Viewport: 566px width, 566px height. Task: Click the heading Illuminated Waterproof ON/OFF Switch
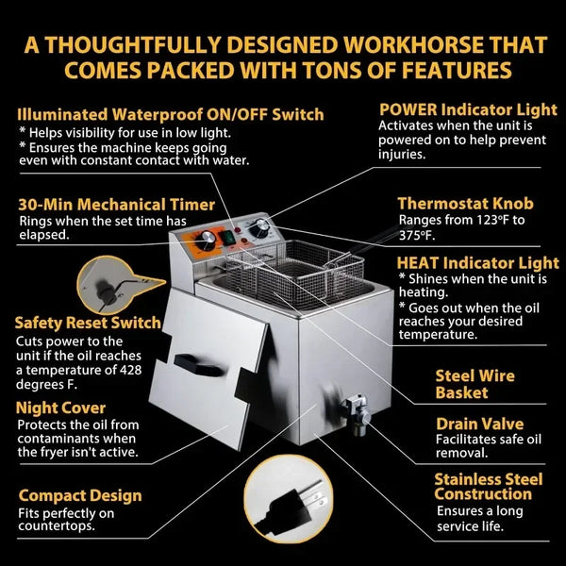tap(171, 115)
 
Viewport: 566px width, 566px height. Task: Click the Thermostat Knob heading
tap(465, 204)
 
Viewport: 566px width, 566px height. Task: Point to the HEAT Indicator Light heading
tap(477, 262)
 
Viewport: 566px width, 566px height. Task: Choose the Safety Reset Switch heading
tap(88, 323)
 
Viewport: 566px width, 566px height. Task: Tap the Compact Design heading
tap(80, 496)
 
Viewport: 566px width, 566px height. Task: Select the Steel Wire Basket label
tap(474, 384)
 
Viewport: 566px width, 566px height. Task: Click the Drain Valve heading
tap(479, 424)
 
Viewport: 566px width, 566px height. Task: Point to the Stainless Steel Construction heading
tap(481, 487)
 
